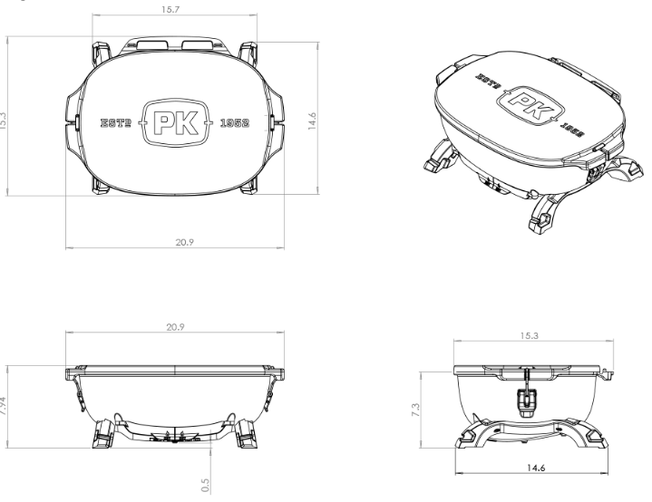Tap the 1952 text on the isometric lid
(574, 133)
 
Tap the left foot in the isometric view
(437, 160)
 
